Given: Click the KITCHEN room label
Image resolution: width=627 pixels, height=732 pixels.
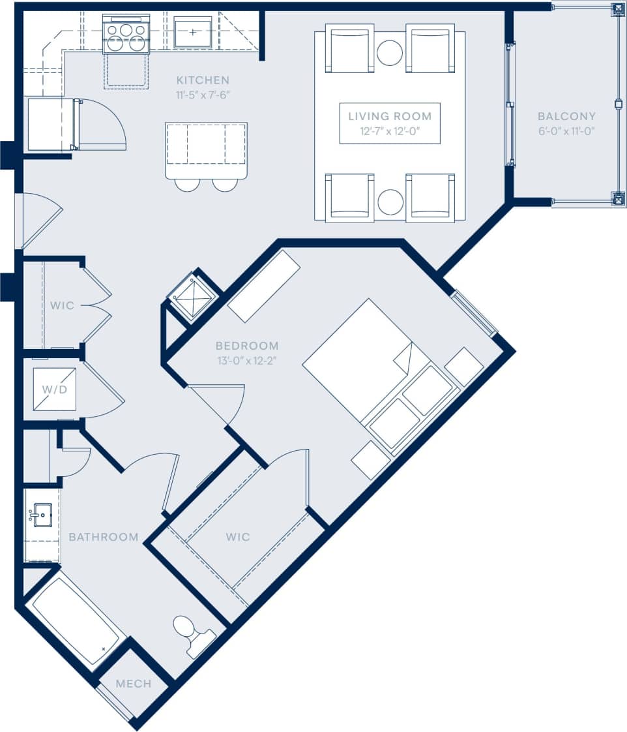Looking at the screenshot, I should (203, 80).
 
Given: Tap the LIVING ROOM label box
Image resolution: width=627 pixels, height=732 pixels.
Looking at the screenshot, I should (390, 123).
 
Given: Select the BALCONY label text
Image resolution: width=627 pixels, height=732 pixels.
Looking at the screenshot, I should (566, 116).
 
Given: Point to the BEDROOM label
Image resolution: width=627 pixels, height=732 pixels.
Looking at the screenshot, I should (247, 346).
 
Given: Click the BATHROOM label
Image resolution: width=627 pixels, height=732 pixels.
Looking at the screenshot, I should (104, 537).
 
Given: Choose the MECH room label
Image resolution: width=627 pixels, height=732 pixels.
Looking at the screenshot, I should (134, 684).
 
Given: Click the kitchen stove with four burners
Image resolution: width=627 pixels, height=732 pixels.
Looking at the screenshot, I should (126, 37).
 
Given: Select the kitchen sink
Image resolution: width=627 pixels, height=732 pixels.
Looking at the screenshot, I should (193, 32).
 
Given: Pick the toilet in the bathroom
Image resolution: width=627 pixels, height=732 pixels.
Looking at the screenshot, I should (191, 633).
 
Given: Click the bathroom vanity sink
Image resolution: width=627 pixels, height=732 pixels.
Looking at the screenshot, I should (41, 515).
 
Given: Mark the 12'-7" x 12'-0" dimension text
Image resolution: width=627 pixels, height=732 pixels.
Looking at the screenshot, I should (390, 131).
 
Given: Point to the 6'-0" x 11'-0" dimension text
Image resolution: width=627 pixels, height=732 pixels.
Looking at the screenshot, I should (566, 130).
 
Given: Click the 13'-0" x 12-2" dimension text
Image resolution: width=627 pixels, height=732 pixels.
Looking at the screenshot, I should (247, 360).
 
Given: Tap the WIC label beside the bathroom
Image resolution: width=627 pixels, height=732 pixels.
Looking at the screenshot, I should (238, 537).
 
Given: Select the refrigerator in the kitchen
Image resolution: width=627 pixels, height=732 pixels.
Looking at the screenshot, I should (51, 124).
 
